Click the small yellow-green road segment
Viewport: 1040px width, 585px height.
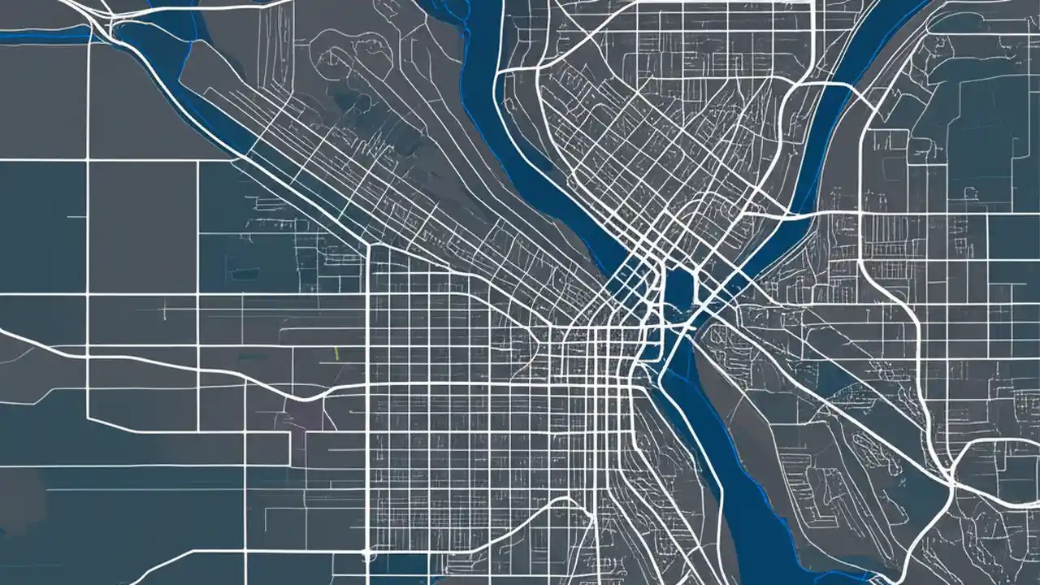tap(336, 353)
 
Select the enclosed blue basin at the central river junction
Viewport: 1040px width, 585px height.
tap(678, 288)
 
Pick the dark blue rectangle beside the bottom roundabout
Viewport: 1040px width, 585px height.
tap(398, 565)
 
